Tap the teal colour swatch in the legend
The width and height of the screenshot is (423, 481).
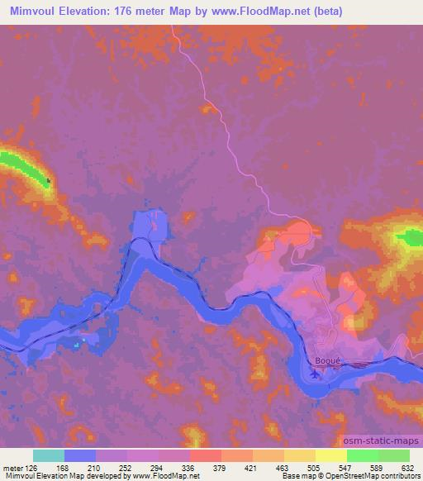(48, 455)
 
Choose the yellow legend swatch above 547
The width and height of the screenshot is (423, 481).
(330, 455)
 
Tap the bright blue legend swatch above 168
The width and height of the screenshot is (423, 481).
(79, 455)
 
